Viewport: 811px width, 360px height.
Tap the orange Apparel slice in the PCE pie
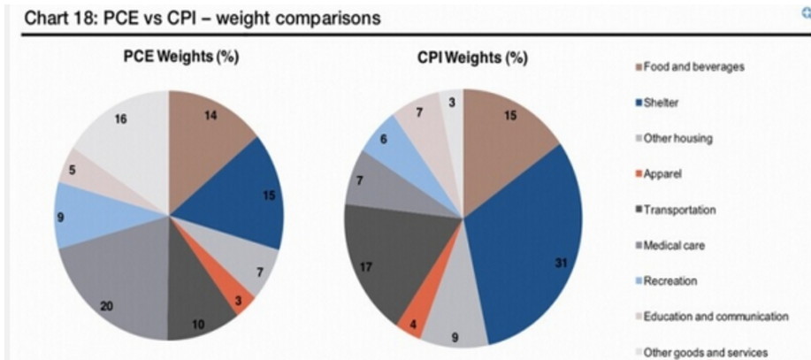241,295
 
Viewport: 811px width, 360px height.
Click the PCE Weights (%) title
180,57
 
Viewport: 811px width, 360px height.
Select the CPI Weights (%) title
472,58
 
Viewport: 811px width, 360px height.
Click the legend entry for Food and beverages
693,66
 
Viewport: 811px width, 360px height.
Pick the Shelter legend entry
664,103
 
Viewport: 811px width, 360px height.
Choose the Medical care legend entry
675,246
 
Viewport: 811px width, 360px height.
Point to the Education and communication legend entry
715,317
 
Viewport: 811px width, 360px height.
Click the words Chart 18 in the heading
52,17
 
